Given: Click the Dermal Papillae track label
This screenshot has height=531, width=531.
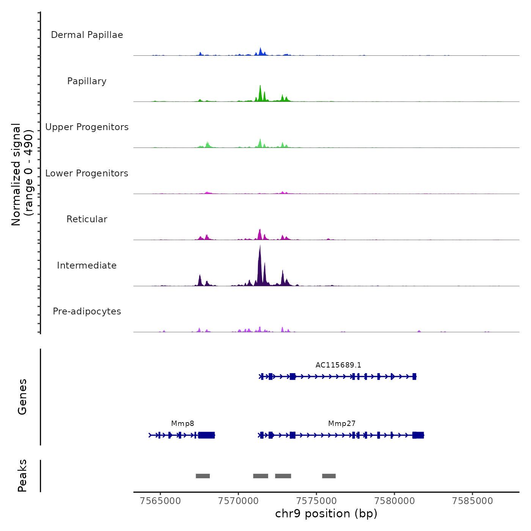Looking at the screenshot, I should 87,35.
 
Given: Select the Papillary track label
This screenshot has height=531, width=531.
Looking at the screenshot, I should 87,81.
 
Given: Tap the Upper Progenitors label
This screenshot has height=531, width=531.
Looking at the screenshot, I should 87,127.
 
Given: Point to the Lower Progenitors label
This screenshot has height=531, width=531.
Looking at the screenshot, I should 87,173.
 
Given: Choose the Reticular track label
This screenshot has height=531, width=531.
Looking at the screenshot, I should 87,219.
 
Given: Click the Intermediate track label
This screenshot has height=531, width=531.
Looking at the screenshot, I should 87,265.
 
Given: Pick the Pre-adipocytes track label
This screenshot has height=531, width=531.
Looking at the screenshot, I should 87,311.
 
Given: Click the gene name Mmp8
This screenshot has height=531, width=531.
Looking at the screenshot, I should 182,424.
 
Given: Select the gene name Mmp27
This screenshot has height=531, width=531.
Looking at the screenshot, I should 342,424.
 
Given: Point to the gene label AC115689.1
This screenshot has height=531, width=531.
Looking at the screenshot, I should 338,365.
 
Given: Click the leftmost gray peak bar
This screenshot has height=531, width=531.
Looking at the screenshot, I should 203,476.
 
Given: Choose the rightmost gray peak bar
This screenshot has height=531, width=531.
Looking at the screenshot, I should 329,476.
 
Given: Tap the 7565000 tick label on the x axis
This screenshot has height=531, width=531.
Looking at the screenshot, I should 160,501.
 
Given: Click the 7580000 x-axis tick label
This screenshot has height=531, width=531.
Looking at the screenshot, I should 394,501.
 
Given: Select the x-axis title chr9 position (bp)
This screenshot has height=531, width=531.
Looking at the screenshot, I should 326,514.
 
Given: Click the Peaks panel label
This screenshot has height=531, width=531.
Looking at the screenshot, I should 22,476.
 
